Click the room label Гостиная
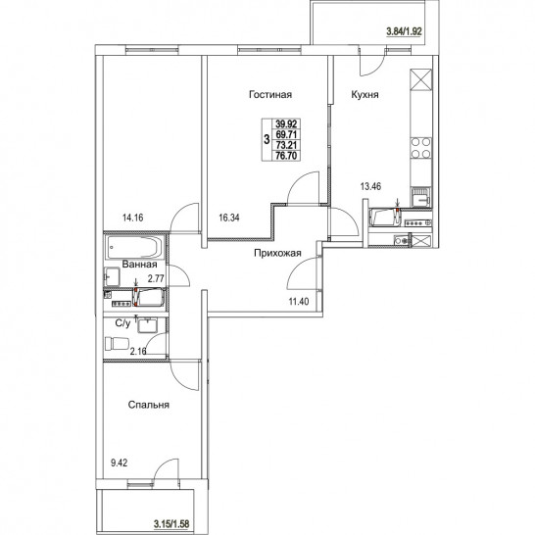270,94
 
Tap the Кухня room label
365,94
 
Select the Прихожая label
277,253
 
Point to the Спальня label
148,405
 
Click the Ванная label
139,265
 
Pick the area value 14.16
132,218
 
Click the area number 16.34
229,218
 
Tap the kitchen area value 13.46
371,186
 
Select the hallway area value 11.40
299,301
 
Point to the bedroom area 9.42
120,463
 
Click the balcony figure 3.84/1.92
404,31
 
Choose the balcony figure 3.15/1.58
171,523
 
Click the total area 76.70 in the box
286,156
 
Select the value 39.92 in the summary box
286,123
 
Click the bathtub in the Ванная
134,247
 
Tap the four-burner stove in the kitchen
420,148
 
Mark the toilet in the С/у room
117,343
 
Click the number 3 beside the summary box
267,139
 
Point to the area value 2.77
156,279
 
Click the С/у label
122,323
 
